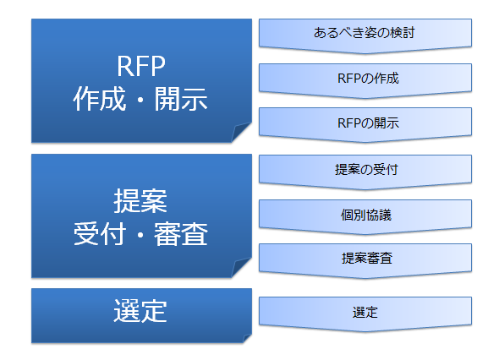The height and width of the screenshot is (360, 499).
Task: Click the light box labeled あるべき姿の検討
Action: (x=365, y=35)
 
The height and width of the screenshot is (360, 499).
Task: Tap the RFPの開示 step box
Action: (x=365, y=125)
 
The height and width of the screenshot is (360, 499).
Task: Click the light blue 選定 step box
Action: (x=365, y=314)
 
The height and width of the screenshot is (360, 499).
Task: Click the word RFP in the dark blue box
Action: (x=141, y=66)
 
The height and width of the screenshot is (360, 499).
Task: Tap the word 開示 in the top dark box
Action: (x=181, y=99)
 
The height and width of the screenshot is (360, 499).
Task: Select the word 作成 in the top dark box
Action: (x=100, y=99)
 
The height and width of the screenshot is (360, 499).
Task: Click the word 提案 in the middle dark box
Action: (x=140, y=201)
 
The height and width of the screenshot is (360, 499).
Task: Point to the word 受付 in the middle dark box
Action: (x=100, y=234)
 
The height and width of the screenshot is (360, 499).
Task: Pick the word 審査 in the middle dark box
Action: (x=181, y=234)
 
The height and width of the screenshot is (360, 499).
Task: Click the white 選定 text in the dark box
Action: (x=140, y=311)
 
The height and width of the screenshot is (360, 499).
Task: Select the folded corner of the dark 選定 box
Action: (x=247, y=338)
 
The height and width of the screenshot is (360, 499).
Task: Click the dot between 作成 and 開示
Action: (x=140, y=100)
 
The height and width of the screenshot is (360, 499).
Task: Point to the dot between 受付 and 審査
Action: (x=140, y=234)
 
